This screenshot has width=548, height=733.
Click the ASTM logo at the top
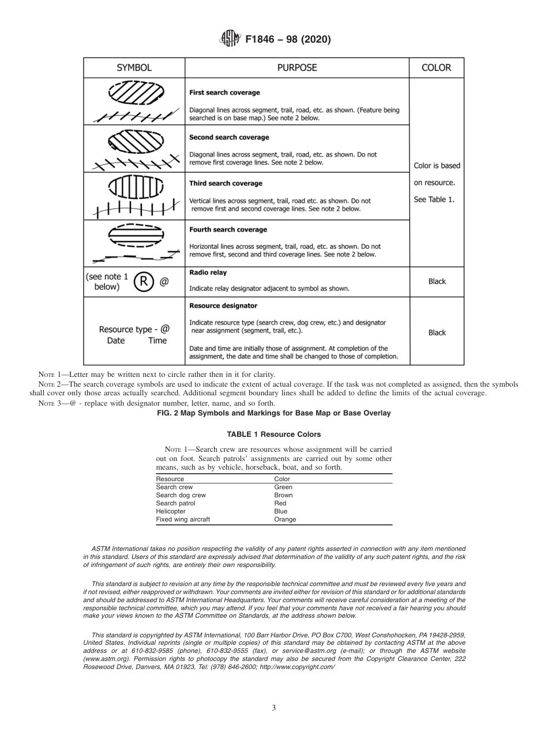click(230, 39)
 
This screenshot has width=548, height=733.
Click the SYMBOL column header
click(134, 67)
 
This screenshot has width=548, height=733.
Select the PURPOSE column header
click(297, 67)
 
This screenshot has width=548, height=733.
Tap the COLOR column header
click(436, 67)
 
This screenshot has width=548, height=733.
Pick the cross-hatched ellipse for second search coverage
click(137, 140)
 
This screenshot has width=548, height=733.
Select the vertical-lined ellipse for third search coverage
click(137, 186)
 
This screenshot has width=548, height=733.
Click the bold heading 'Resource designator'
click(223, 305)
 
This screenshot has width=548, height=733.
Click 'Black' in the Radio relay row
click(437, 282)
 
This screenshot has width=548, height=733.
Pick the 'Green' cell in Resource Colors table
click(283, 487)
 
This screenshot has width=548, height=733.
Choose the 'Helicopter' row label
click(171, 511)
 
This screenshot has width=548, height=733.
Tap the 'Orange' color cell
click(285, 519)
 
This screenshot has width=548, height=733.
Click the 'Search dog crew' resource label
click(181, 495)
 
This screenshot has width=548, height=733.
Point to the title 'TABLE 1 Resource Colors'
click(274, 434)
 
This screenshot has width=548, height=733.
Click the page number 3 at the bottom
click(273, 708)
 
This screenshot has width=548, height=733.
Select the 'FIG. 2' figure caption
click(273, 413)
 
